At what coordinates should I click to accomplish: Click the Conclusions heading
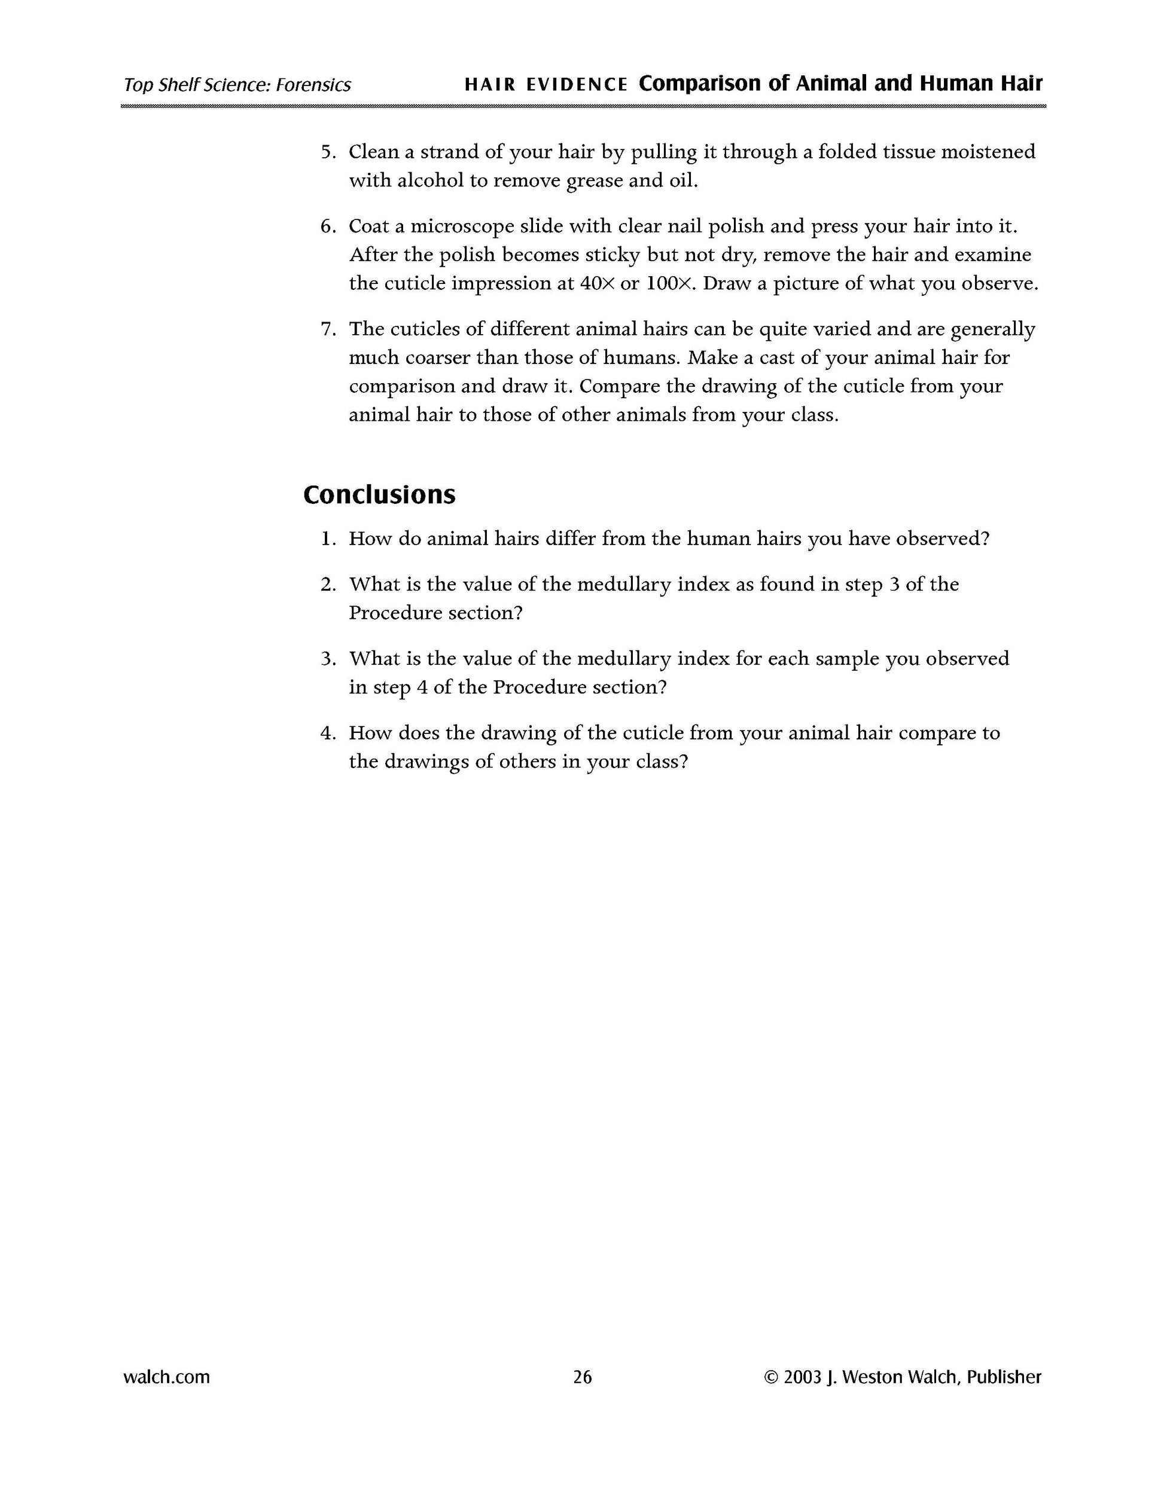[379, 495]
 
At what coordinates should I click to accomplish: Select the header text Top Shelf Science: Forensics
[237, 85]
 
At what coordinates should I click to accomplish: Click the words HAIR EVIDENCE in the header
[546, 85]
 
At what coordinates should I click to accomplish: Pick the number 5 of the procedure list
[327, 152]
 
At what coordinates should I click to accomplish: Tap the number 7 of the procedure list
[327, 329]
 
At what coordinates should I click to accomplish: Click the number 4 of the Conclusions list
[327, 733]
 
